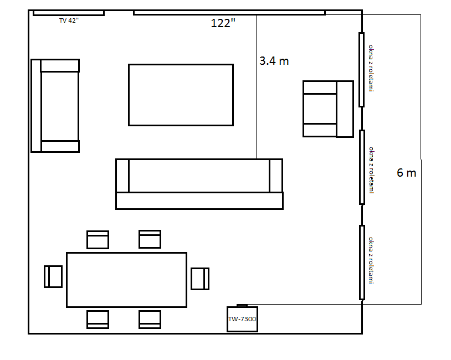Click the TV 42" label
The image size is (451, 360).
pyautogui.click(x=69, y=20)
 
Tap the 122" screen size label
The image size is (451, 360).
pyautogui.click(x=223, y=23)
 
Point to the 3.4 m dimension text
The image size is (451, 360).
pyautogui.click(x=274, y=61)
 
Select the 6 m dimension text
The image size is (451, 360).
pyautogui.click(x=407, y=173)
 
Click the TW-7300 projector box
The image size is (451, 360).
pyautogui.click(x=242, y=319)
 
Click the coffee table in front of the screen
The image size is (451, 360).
pyautogui.click(x=181, y=95)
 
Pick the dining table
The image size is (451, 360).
pyautogui.click(x=126, y=280)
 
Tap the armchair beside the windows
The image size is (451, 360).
pyautogui.click(x=328, y=109)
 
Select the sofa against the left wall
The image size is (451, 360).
pyautogui.click(x=55, y=106)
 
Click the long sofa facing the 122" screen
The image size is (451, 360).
pyautogui.click(x=199, y=184)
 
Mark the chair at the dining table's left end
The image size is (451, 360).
pyautogui.click(x=53, y=276)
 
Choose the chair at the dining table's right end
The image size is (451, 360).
pyautogui.click(x=200, y=279)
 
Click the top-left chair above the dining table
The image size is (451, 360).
pyautogui.click(x=98, y=239)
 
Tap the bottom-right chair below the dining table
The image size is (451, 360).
pyautogui.click(x=150, y=320)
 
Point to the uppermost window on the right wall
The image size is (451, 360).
pyautogui.click(x=362, y=70)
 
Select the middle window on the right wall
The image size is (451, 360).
pyautogui.click(x=362, y=167)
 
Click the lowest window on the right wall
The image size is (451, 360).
pyautogui.click(x=362, y=263)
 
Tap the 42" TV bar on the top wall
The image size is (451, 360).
pyautogui.click(x=69, y=13)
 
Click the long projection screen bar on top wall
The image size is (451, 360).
pyautogui.click(x=229, y=13)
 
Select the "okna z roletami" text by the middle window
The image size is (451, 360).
pyautogui.click(x=372, y=170)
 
